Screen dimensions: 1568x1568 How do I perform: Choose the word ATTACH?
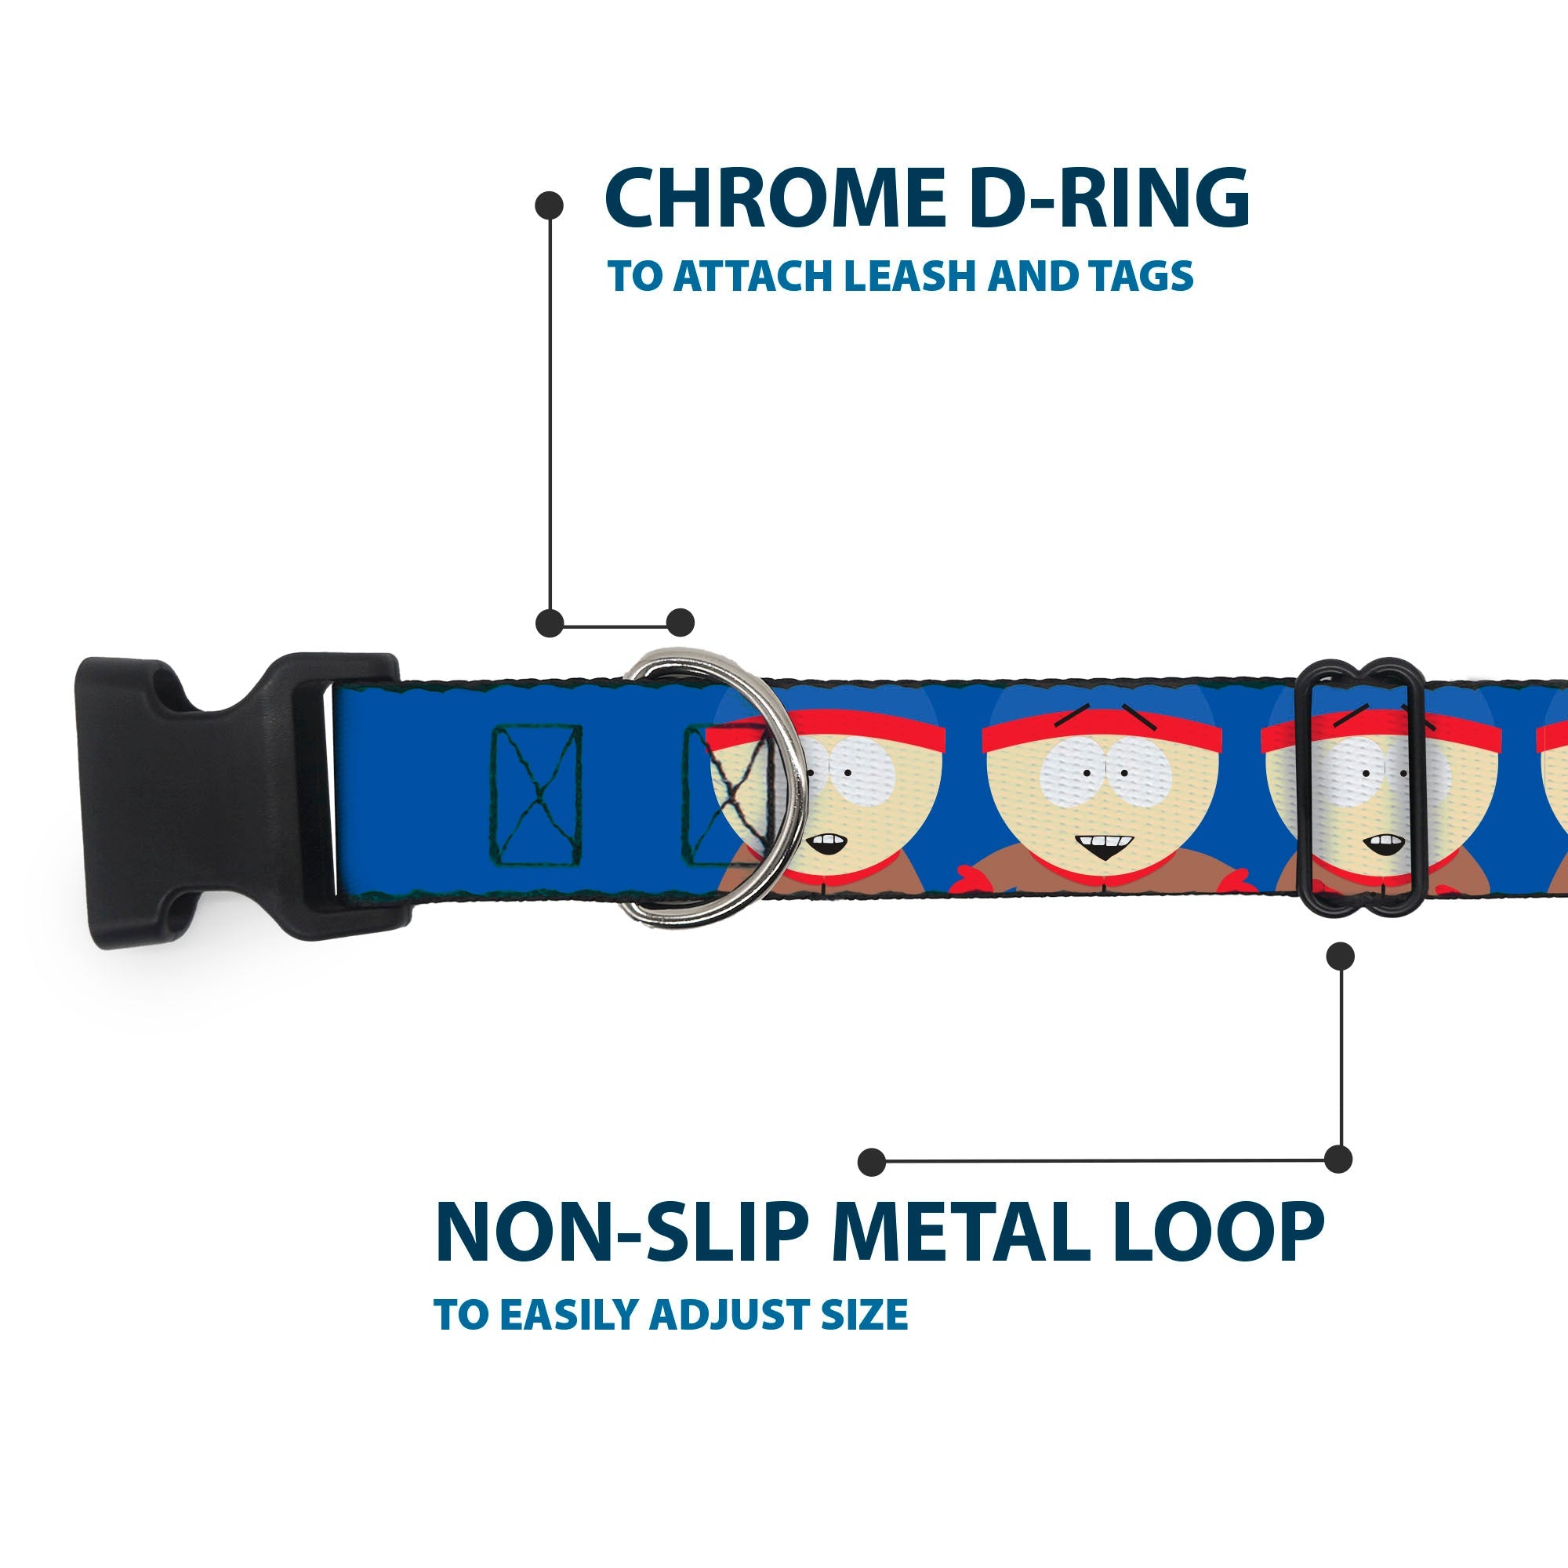pos(755,276)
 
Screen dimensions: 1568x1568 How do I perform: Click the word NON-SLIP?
pos(622,1232)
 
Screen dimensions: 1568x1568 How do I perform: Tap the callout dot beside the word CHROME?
pos(550,205)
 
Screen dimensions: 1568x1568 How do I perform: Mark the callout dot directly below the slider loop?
pos(1340,956)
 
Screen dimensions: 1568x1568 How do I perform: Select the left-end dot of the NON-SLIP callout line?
pos(872,1162)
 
